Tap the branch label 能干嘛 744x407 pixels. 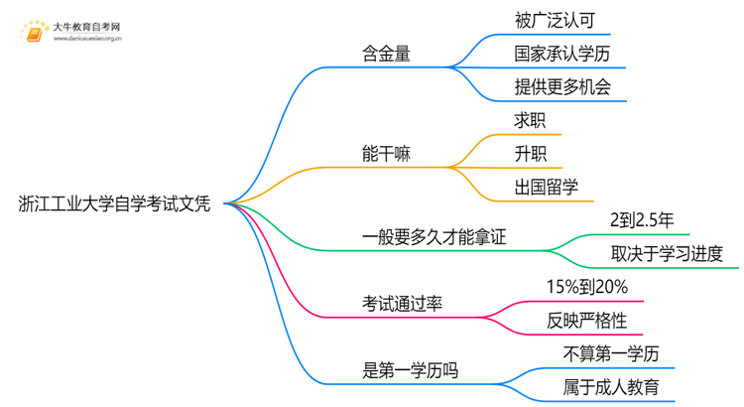point(387,154)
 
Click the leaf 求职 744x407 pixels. point(530,120)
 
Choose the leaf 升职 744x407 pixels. point(530,154)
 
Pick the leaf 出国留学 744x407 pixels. point(547,187)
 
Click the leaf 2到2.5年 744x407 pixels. point(643,220)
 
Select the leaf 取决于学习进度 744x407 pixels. point(667,254)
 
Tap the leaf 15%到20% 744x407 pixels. point(586,287)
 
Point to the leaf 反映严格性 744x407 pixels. point(586,321)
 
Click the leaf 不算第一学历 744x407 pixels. point(610,353)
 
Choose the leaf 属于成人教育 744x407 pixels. point(610,387)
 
